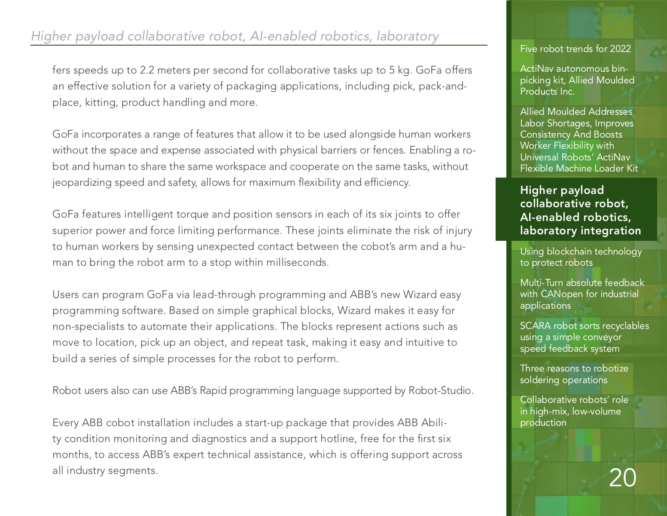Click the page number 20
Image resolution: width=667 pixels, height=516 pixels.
click(x=622, y=478)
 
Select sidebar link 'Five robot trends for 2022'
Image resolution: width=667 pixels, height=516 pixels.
click(x=575, y=49)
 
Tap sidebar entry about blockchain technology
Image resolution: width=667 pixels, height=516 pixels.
click(x=581, y=257)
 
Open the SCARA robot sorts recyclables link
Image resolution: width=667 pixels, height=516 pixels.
click(x=584, y=337)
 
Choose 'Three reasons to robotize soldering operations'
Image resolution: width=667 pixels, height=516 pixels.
click(x=574, y=374)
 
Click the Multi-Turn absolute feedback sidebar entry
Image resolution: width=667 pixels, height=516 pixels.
click(x=582, y=294)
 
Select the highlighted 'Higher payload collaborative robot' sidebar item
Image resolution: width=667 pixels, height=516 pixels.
click(x=580, y=210)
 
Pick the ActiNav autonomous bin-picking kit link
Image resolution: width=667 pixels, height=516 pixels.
click(x=577, y=80)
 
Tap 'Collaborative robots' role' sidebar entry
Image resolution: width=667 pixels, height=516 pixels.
click(x=574, y=411)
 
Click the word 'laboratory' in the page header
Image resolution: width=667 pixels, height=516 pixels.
click(x=408, y=36)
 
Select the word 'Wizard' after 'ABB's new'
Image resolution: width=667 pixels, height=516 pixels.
click(x=419, y=295)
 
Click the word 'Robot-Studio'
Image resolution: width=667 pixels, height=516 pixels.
click(x=441, y=390)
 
